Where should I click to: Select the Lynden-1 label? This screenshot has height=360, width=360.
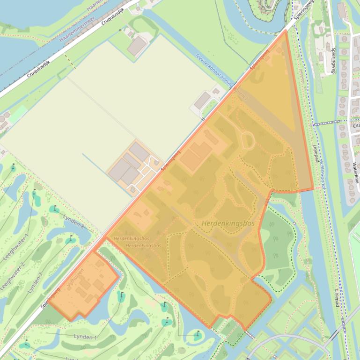(85, 337)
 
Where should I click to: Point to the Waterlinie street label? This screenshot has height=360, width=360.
(356, 173)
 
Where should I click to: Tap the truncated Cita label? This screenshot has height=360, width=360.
(355, 125)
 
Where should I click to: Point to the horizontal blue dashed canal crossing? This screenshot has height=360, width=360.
(328, 123)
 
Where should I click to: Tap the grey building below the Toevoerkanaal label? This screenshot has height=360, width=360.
(202, 101)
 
